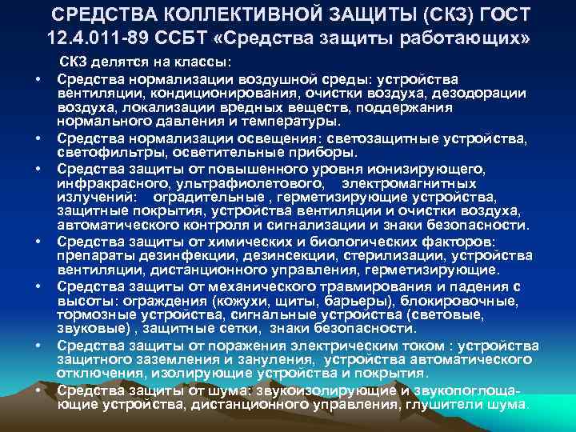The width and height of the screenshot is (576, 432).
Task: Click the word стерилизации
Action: click(x=394, y=257)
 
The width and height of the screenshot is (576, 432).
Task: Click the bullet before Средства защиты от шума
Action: click(x=38, y=390)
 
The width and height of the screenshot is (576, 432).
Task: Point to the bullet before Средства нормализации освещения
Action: click(x=38, y=138)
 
